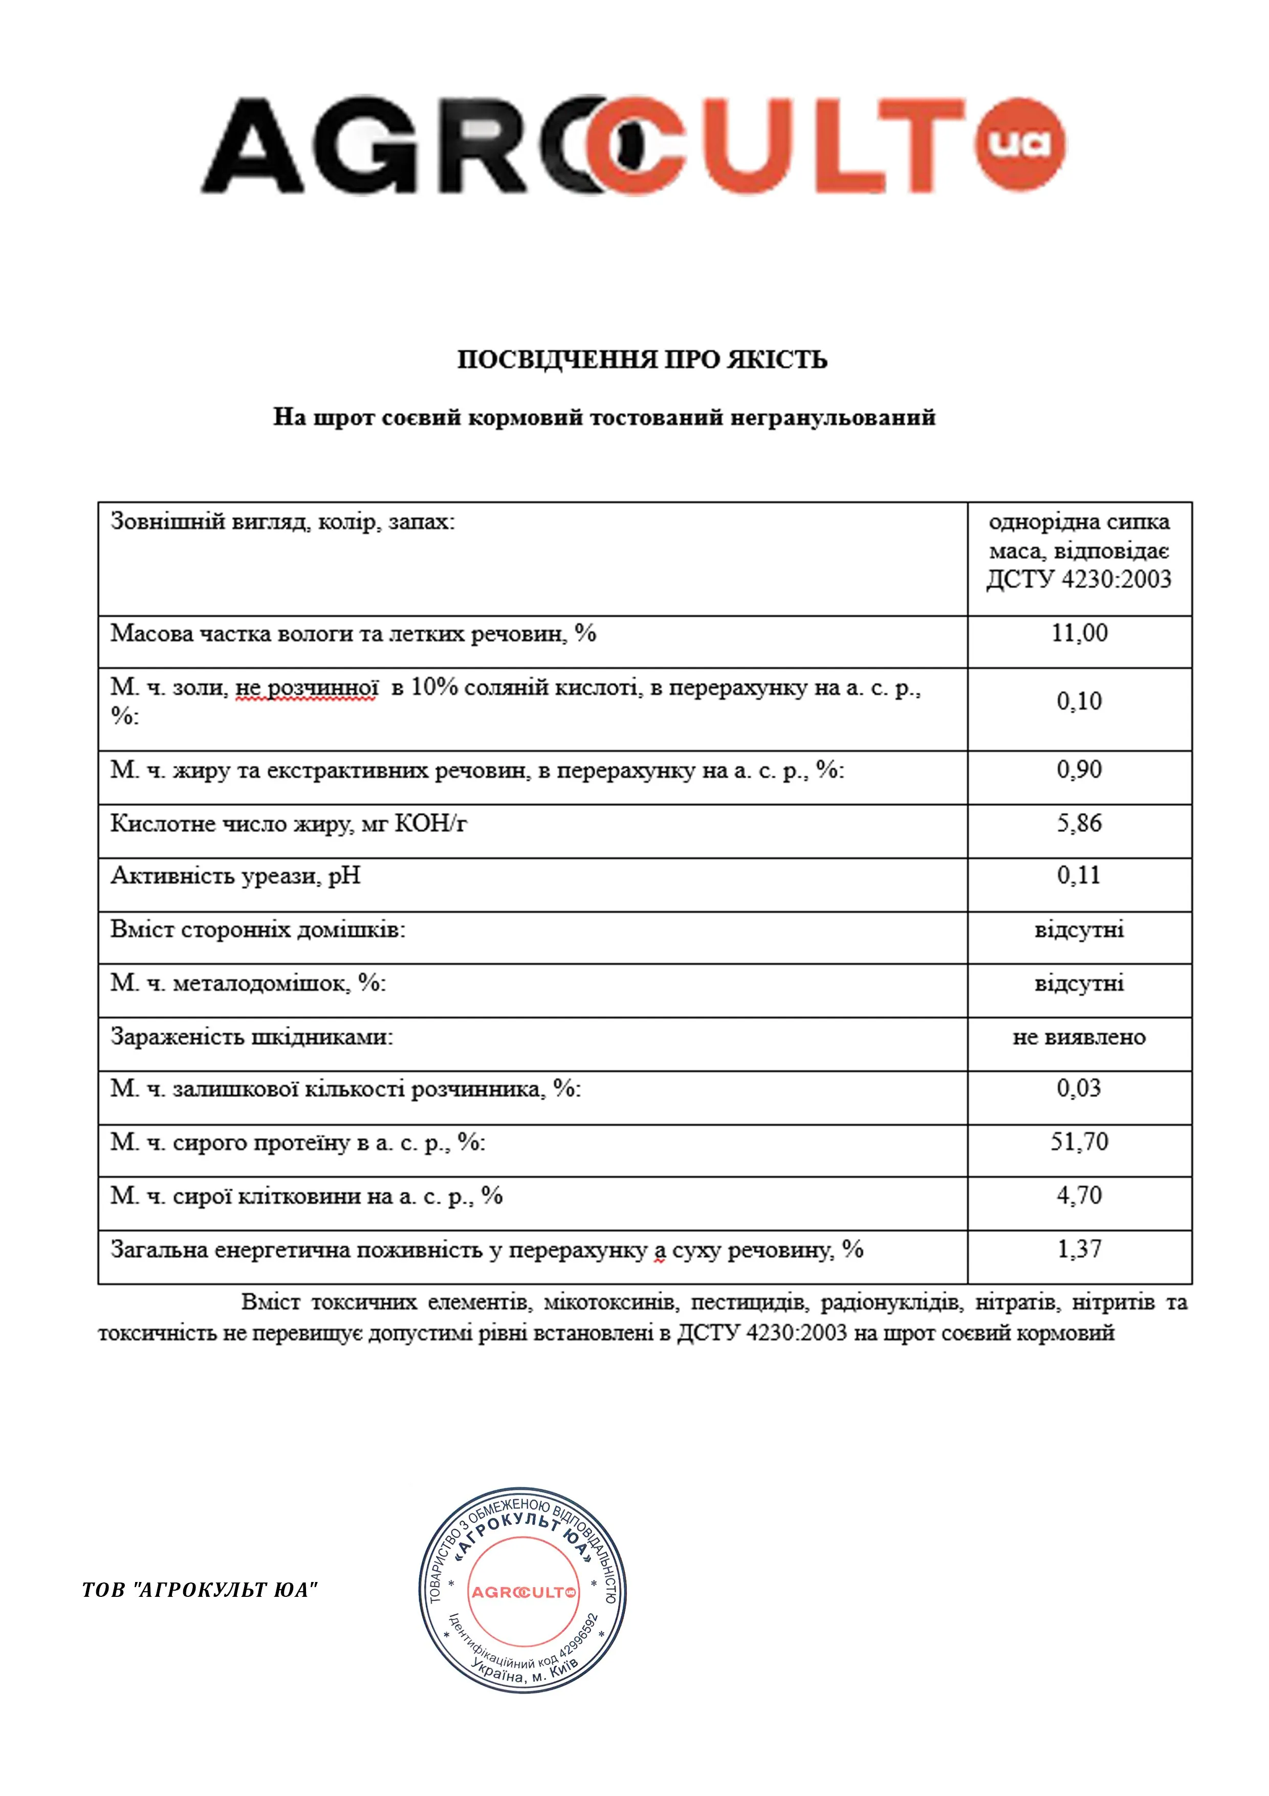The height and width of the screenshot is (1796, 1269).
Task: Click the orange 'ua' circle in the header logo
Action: [1020, 145]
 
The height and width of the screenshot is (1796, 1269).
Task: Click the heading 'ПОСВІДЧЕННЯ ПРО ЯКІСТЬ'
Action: [642, 360]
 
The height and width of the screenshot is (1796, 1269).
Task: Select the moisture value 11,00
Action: [1079, 633]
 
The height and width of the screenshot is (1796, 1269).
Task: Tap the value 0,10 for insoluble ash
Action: [1079, 701]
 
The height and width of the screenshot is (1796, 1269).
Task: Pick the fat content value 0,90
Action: [1079, 769]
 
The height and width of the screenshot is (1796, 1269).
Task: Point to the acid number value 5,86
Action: [1079, 823]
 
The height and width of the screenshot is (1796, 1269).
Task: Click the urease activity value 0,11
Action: [1079, 875]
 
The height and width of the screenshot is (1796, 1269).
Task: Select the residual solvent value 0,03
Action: [1079, 1088]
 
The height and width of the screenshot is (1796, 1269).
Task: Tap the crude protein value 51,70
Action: [1079, 1142]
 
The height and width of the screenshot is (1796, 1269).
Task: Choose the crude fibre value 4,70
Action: [1079, 1195]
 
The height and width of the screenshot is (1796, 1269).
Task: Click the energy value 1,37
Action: [1079, 1249]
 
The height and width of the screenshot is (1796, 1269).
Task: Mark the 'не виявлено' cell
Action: [1079, 1037]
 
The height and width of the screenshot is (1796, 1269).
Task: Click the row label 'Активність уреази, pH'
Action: [235, 876]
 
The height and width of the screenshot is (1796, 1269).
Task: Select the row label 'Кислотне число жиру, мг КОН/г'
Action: [289, 824]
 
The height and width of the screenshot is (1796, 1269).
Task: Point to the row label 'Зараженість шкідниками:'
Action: [252, 1037]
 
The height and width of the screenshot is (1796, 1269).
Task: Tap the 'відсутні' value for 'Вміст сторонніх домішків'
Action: [1079, 930]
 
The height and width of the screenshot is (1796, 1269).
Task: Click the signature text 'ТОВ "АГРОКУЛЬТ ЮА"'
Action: [200, 1590]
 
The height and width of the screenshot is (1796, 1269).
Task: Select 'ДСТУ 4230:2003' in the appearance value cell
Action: [1079, 580]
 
